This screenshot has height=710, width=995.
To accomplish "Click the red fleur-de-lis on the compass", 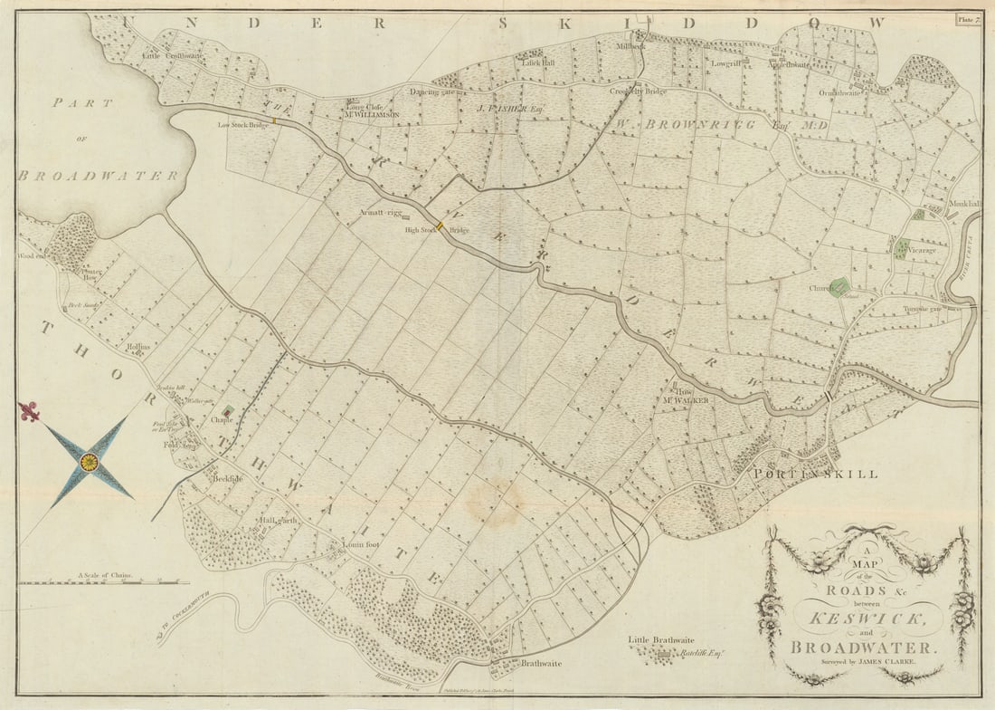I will [29, 411].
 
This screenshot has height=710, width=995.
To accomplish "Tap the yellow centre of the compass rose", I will [89, 462].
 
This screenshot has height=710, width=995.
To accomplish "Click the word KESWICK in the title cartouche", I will [867, 619].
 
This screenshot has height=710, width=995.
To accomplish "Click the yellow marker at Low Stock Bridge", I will [274, 120].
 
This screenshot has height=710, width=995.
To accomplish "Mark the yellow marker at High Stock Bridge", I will [440, 225].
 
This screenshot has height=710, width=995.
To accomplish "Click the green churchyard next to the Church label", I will [840, 287].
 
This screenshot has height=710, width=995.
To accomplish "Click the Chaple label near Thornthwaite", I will [223, 420].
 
